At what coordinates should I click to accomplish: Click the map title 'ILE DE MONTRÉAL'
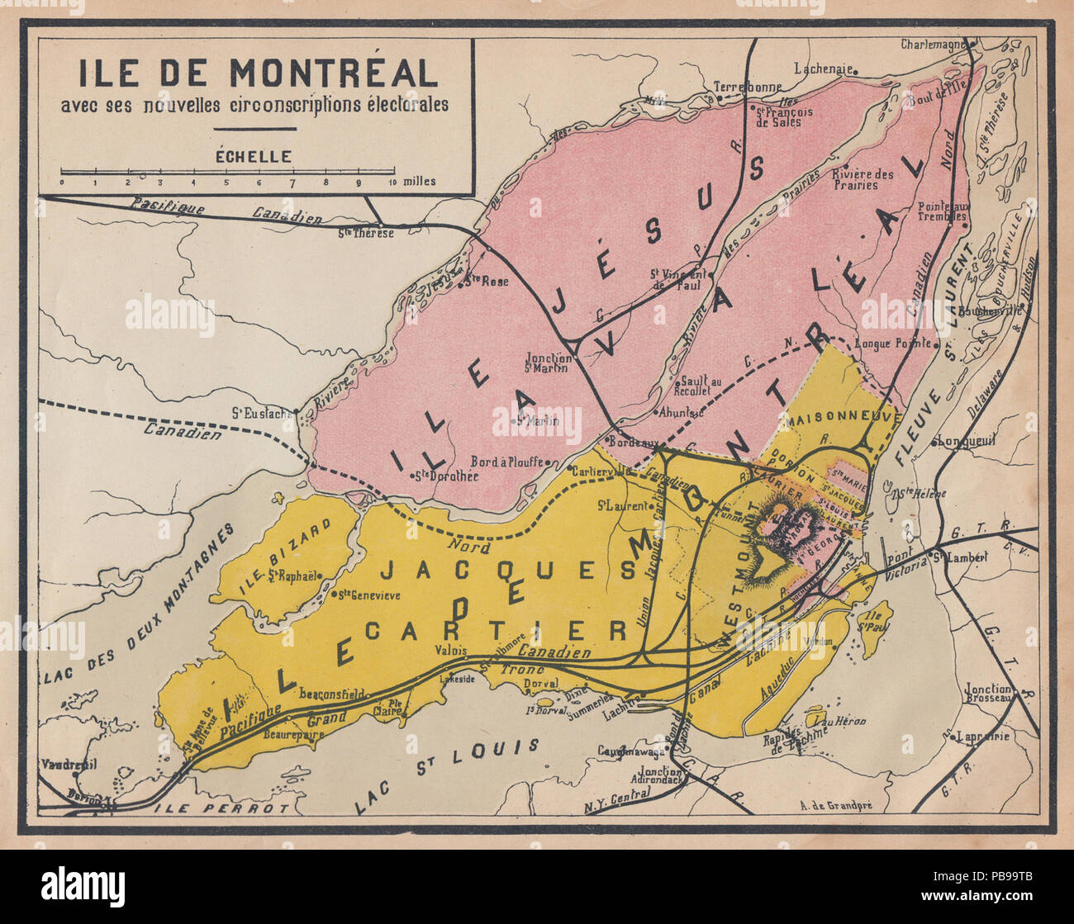pos(259,73)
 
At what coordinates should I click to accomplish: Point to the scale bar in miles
pos(226,174)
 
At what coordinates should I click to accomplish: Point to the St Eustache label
pos(263,414)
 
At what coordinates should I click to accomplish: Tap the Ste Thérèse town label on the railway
pos(366,233)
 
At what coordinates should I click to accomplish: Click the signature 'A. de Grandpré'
pos(840,807)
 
